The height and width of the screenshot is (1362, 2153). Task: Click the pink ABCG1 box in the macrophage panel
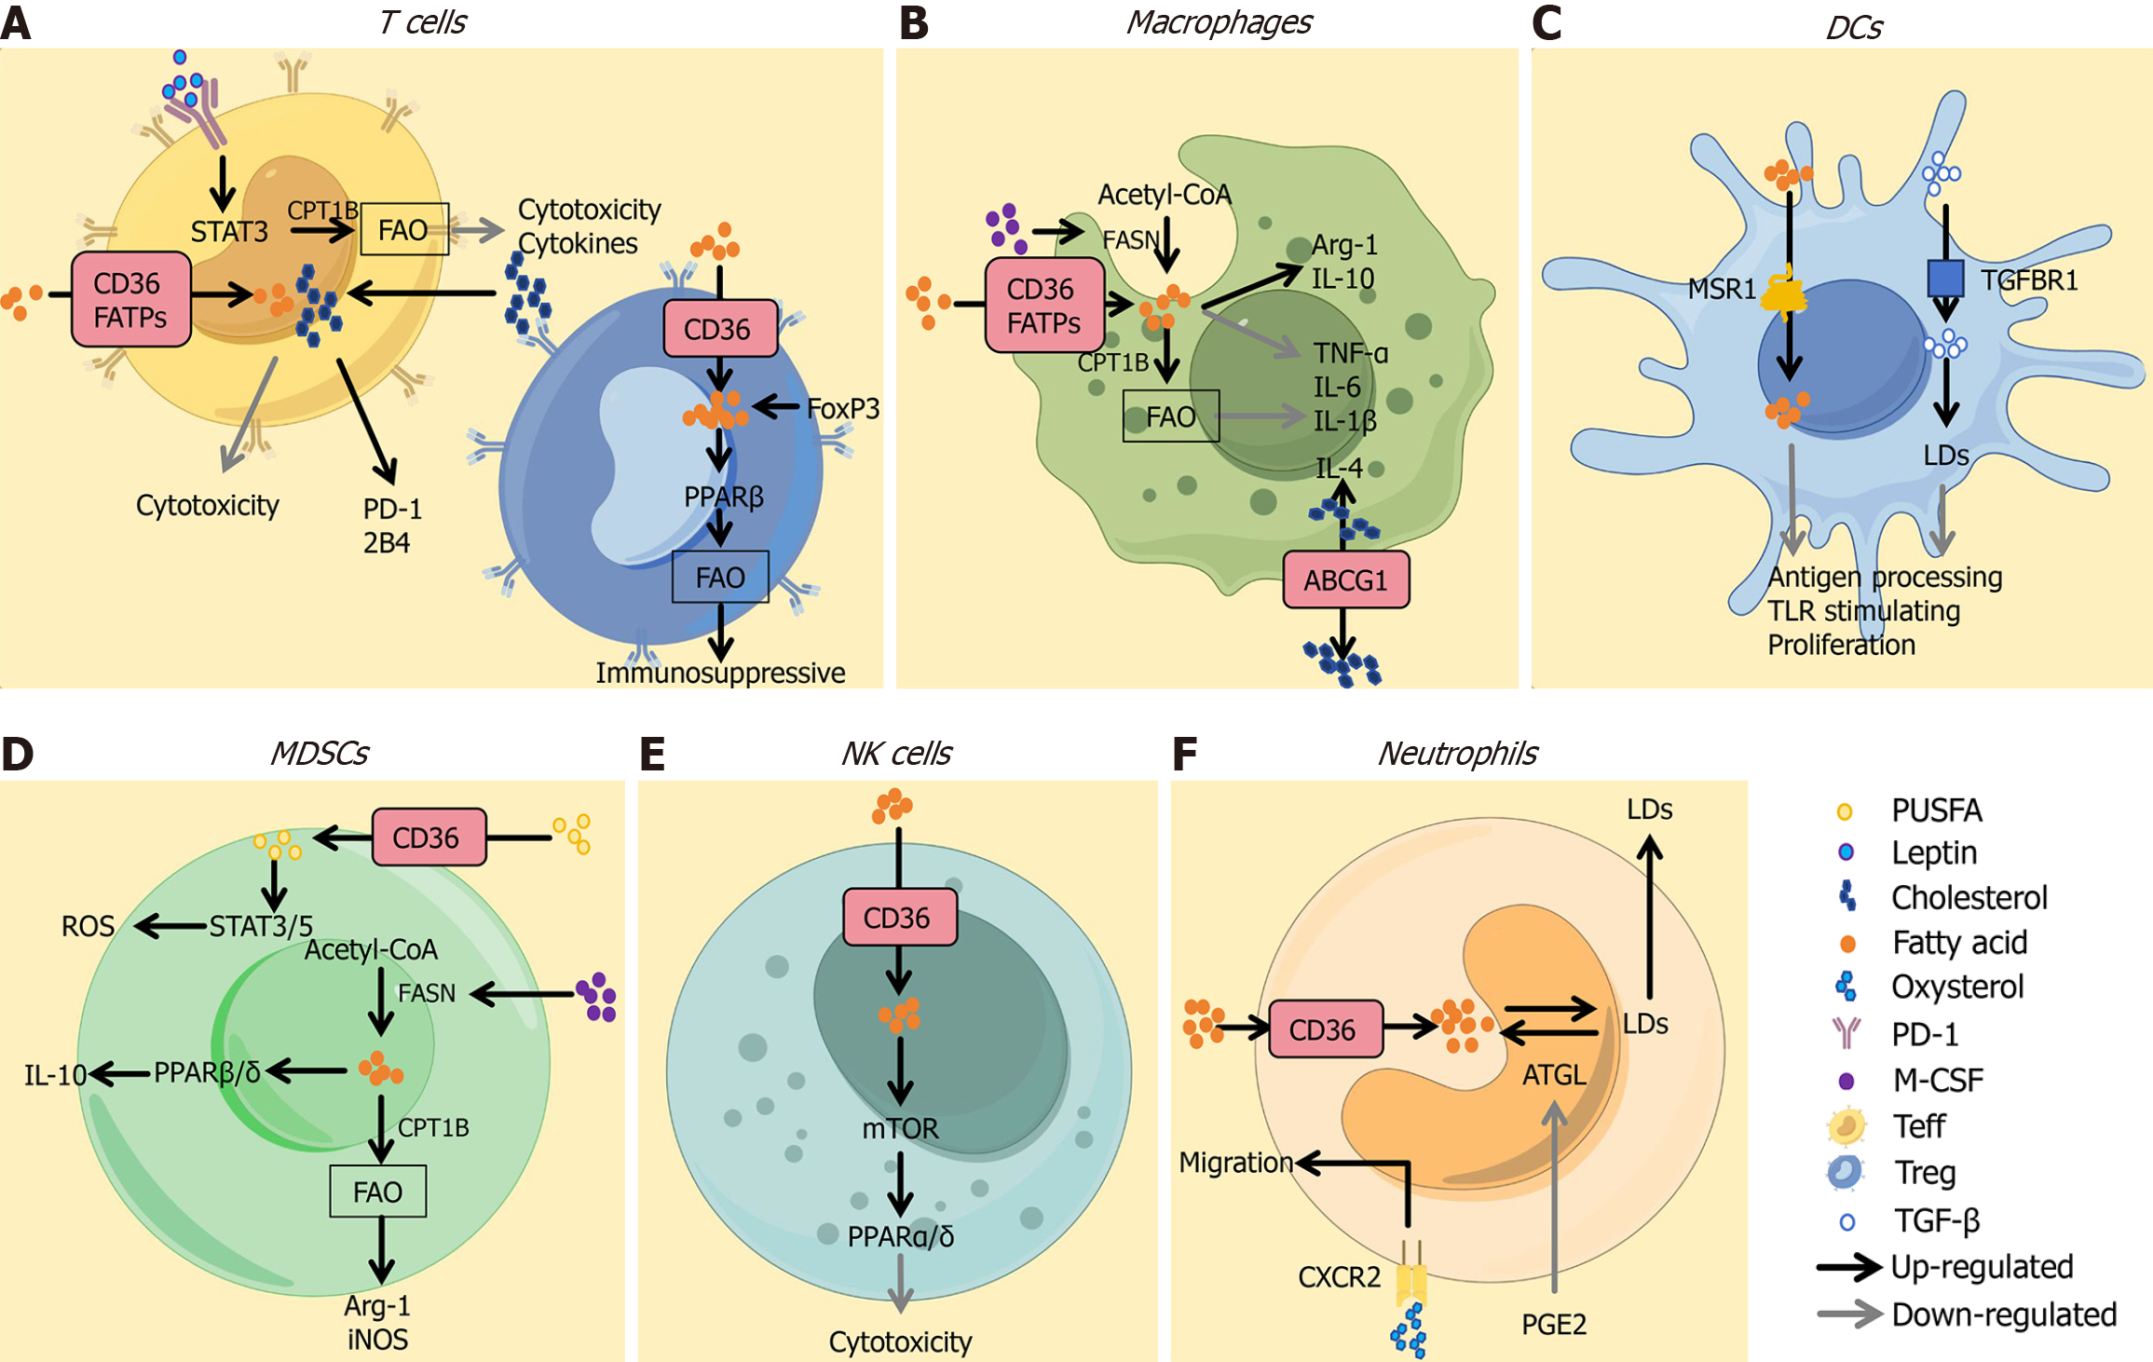tap(1345, 580)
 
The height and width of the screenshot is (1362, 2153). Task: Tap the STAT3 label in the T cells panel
tap(229, 231)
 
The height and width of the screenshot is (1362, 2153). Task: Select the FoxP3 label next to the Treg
tap(843, 408)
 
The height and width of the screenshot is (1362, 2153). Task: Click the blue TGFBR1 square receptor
tap(1945, 278)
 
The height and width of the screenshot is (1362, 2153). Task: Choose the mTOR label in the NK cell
tap(900, 1128)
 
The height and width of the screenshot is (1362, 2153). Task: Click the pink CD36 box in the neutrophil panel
tap(1325, 1029)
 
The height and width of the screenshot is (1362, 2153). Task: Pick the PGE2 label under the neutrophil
tap(1553, 1324)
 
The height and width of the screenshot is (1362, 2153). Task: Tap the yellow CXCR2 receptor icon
tap(1411, 1282)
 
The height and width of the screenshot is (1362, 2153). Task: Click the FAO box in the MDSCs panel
tap(378, 1192)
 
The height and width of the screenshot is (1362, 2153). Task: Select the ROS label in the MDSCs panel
tap(88, 926)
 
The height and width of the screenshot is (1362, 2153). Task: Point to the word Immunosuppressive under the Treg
tap(720, 673)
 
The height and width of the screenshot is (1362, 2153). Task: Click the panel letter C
tap(1547, 22)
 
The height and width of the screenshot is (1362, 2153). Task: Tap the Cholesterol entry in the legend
tap(1969, 897)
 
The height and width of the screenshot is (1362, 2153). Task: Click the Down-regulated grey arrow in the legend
tap(1849, 1314)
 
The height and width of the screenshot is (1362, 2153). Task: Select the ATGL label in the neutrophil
tap(1553, 1075)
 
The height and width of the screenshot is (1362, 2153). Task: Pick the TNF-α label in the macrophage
tap(1350, 353)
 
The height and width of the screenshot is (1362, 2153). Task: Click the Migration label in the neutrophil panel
tap(1235, 1162)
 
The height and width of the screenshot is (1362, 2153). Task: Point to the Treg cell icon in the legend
tap(1845, 1172)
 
